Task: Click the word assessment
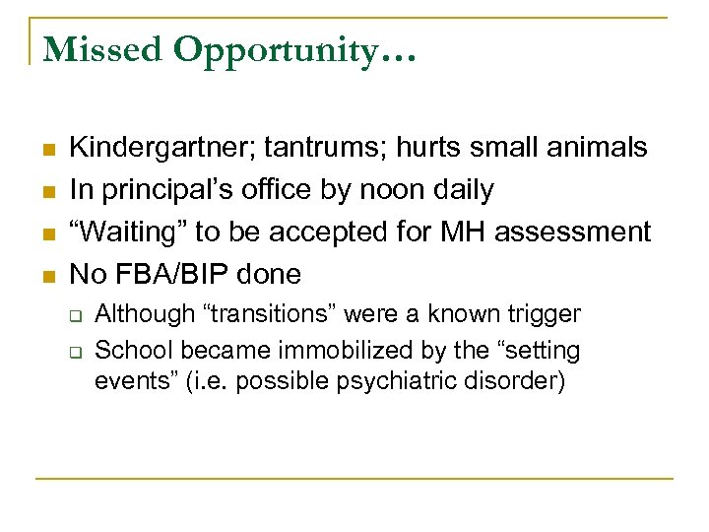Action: coord(573,232)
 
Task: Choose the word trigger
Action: coord(544,315)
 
